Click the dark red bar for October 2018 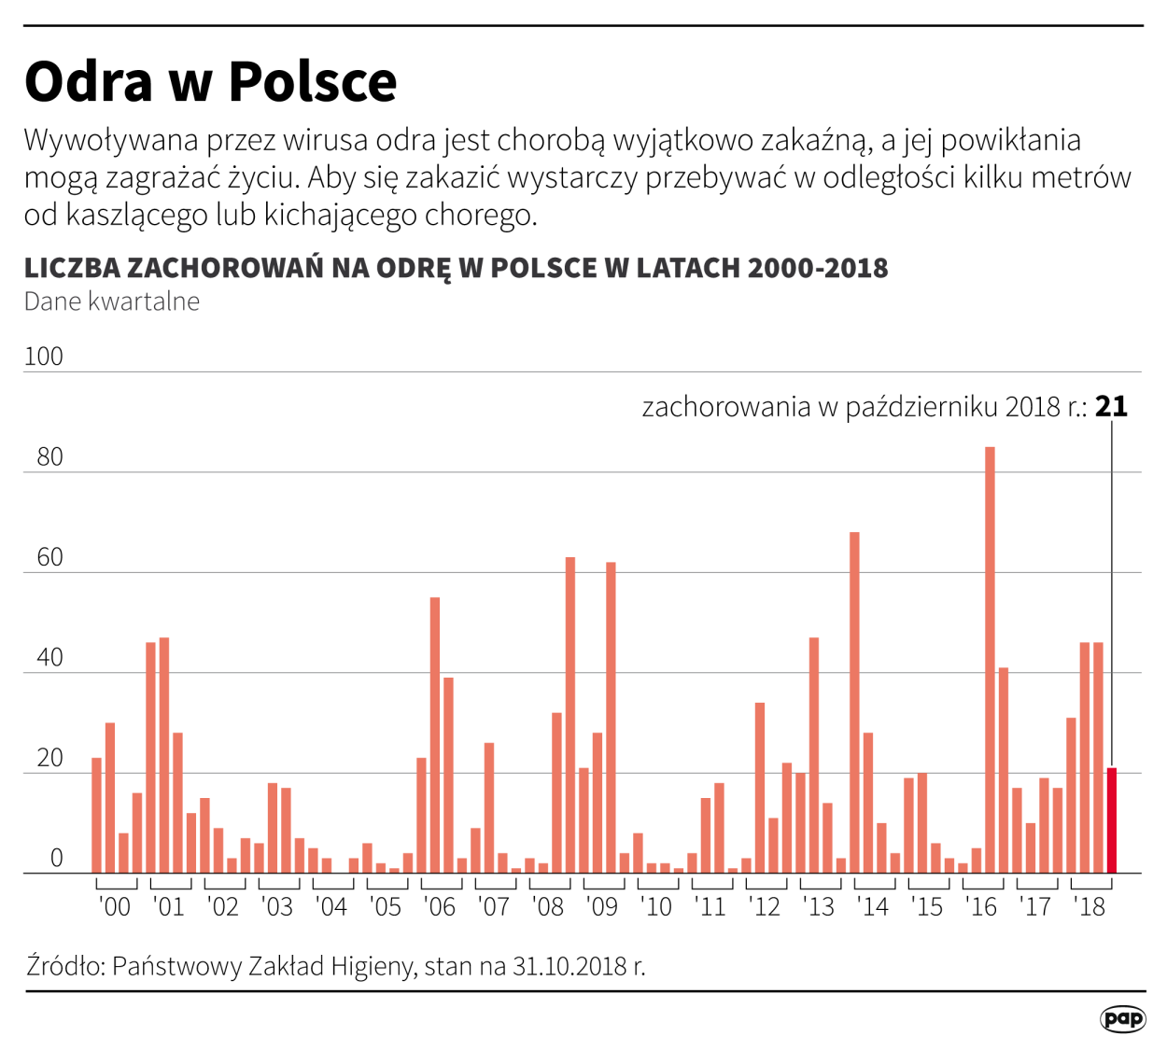[x=1111, y=820]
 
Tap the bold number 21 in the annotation [x=1111, y=407]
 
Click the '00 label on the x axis [x=115, y=906]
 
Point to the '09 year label [x=602, y=906]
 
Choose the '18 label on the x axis [x=1090, y=906]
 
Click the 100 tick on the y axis [x=43, y=357]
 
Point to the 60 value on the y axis [x=49, y=557]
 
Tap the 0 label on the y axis [x=56, y=858]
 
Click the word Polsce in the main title [x=313, y=81]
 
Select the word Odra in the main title [x=88, y=81]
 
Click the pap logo [x=1122, y=1018]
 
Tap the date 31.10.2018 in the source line [x=569, y=965]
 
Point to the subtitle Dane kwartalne [x=112, y=301]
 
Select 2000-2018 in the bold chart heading [x=818, y=268]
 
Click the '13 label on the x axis [x=819, y=906]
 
